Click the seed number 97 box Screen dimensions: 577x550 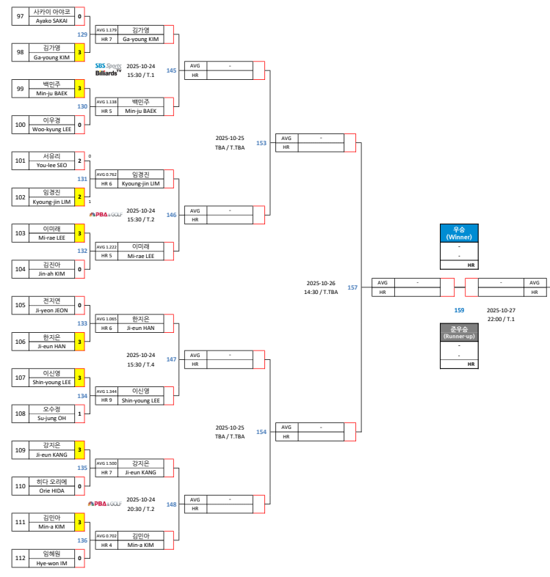click(21, 16)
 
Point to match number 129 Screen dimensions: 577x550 click(82, 34)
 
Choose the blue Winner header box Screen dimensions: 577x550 click(458, 233)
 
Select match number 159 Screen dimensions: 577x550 click(459, 310)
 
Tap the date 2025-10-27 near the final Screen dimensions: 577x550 click(502, 310)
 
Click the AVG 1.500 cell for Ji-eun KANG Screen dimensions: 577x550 click(106, 463)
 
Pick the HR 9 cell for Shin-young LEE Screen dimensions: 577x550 click(106, 400)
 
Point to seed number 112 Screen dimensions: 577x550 click(21, 559)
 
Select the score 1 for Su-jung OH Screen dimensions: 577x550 click(79, 414)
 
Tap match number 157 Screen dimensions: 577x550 click(352, 287)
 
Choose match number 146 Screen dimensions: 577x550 click(171, 215)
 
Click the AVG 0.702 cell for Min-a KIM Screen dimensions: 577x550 click(106, 536)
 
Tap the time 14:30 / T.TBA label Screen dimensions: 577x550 click(321, 292)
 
